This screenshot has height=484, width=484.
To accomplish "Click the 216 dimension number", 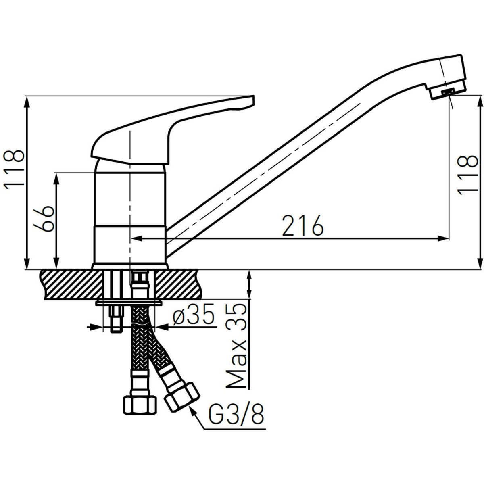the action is tap(302, 225).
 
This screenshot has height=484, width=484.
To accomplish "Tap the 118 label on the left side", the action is tap(14, 169).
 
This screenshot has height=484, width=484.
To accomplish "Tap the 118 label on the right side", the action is tap(467, 176).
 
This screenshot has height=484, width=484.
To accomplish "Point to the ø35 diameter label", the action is tap(194, 314).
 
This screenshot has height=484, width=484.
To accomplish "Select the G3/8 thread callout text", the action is tap(236, 416).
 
